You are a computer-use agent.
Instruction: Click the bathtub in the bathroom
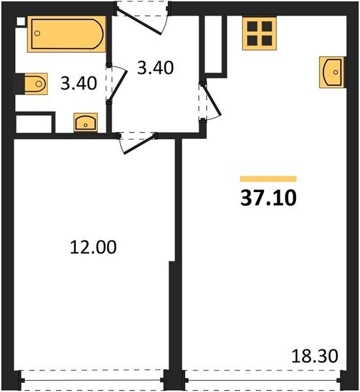[67, 34]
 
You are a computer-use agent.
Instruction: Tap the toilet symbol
[35, 84]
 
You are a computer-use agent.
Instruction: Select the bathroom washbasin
[86, 122]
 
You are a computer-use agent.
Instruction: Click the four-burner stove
[259, 33]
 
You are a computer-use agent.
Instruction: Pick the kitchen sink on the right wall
[332, 73]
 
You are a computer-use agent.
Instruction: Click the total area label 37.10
[269, 198]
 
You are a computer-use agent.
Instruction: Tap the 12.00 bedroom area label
[93, 247]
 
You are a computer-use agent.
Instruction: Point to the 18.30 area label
[315, 356]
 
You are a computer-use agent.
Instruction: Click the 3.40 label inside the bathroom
[78, 84]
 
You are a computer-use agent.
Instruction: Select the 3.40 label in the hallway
[155, 68]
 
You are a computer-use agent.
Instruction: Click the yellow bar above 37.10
[269, 179]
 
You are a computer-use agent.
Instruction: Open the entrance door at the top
[139, 22]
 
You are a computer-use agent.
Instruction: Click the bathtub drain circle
[37, 33]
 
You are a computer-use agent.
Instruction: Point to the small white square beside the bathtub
[21, 21]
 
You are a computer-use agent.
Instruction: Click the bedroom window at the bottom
[92, 380]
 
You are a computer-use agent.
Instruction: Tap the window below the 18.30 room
[263, 380]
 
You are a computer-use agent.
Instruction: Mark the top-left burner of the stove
[252, 26]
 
